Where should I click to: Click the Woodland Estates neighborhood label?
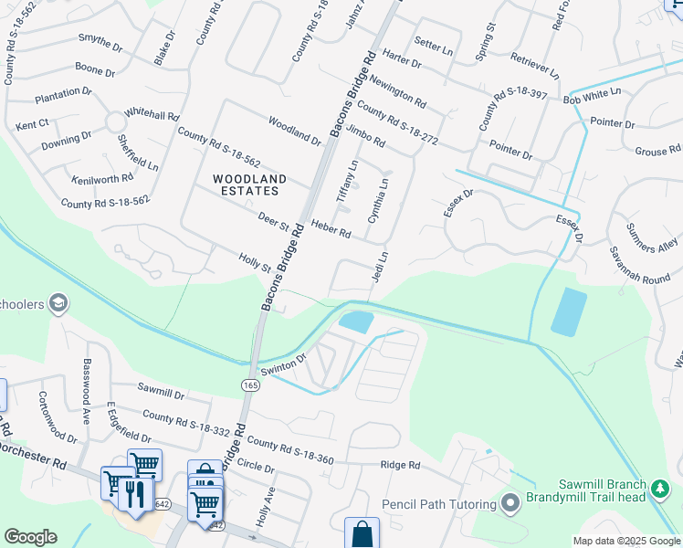(x=249, y=184)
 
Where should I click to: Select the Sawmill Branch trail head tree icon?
(x=662, y=492)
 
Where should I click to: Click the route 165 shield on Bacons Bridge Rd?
(x=251, y=386)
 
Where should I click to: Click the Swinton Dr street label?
(x=284, y=366)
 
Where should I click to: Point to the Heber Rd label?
(x=331, y=228)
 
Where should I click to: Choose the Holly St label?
(x=255, y=263)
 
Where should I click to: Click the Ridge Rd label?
(x=400, y=465)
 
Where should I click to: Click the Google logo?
(x=30, y=537)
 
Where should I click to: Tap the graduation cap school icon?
(x=58, y=303)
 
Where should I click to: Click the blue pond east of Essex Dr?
(x=569, y=311)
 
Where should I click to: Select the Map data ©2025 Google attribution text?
(x=625, y=541)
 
